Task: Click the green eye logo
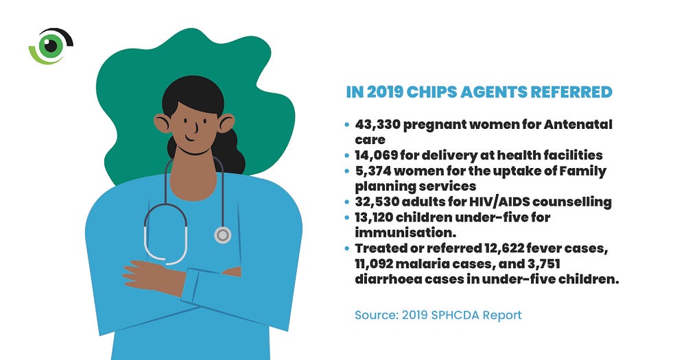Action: click(49, 46)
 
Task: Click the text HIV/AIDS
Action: click(506, 202)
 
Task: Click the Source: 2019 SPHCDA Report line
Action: click(438, 315)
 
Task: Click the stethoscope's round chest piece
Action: click(222, 235)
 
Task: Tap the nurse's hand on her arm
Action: click(147, 274)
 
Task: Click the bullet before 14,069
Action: click(346, 156)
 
